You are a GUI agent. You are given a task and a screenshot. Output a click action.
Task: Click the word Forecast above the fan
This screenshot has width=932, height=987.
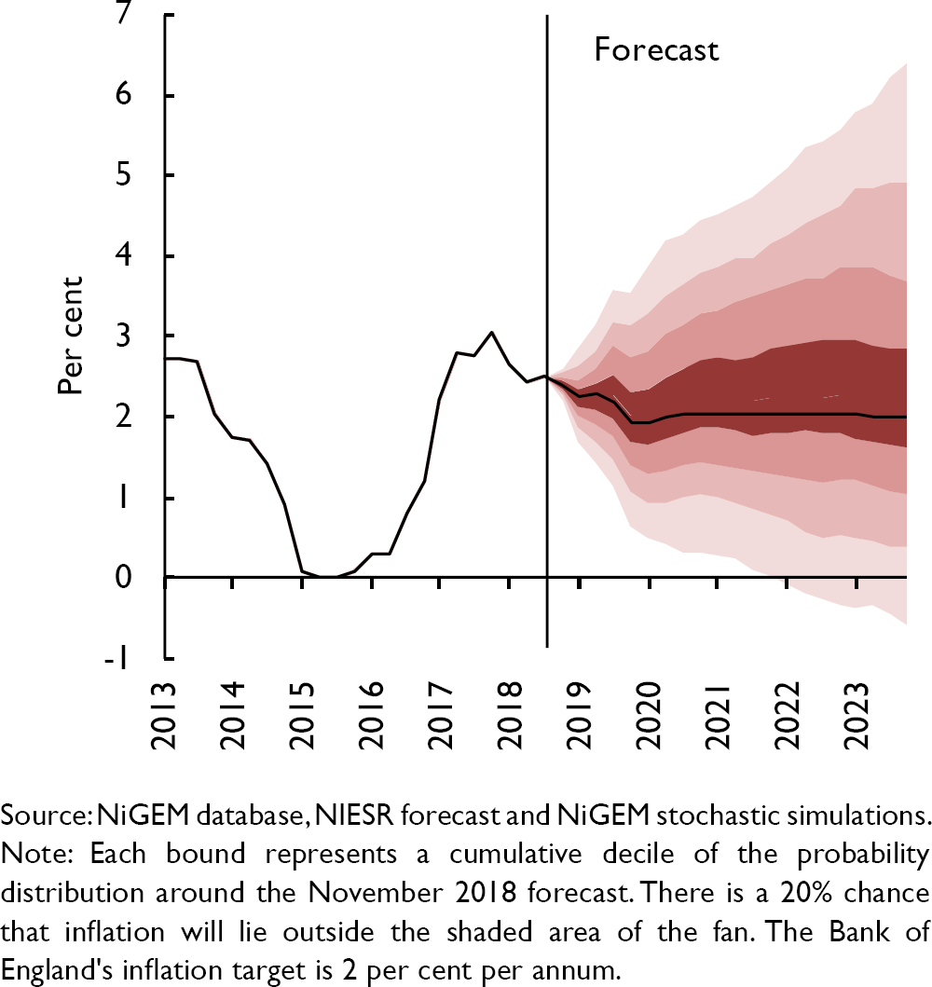656,48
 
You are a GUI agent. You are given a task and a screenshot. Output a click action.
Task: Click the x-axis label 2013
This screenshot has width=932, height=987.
166,717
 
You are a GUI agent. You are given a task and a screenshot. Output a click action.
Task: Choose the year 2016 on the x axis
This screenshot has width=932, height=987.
371,717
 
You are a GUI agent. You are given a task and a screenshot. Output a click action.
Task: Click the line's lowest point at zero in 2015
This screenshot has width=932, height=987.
328,577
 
